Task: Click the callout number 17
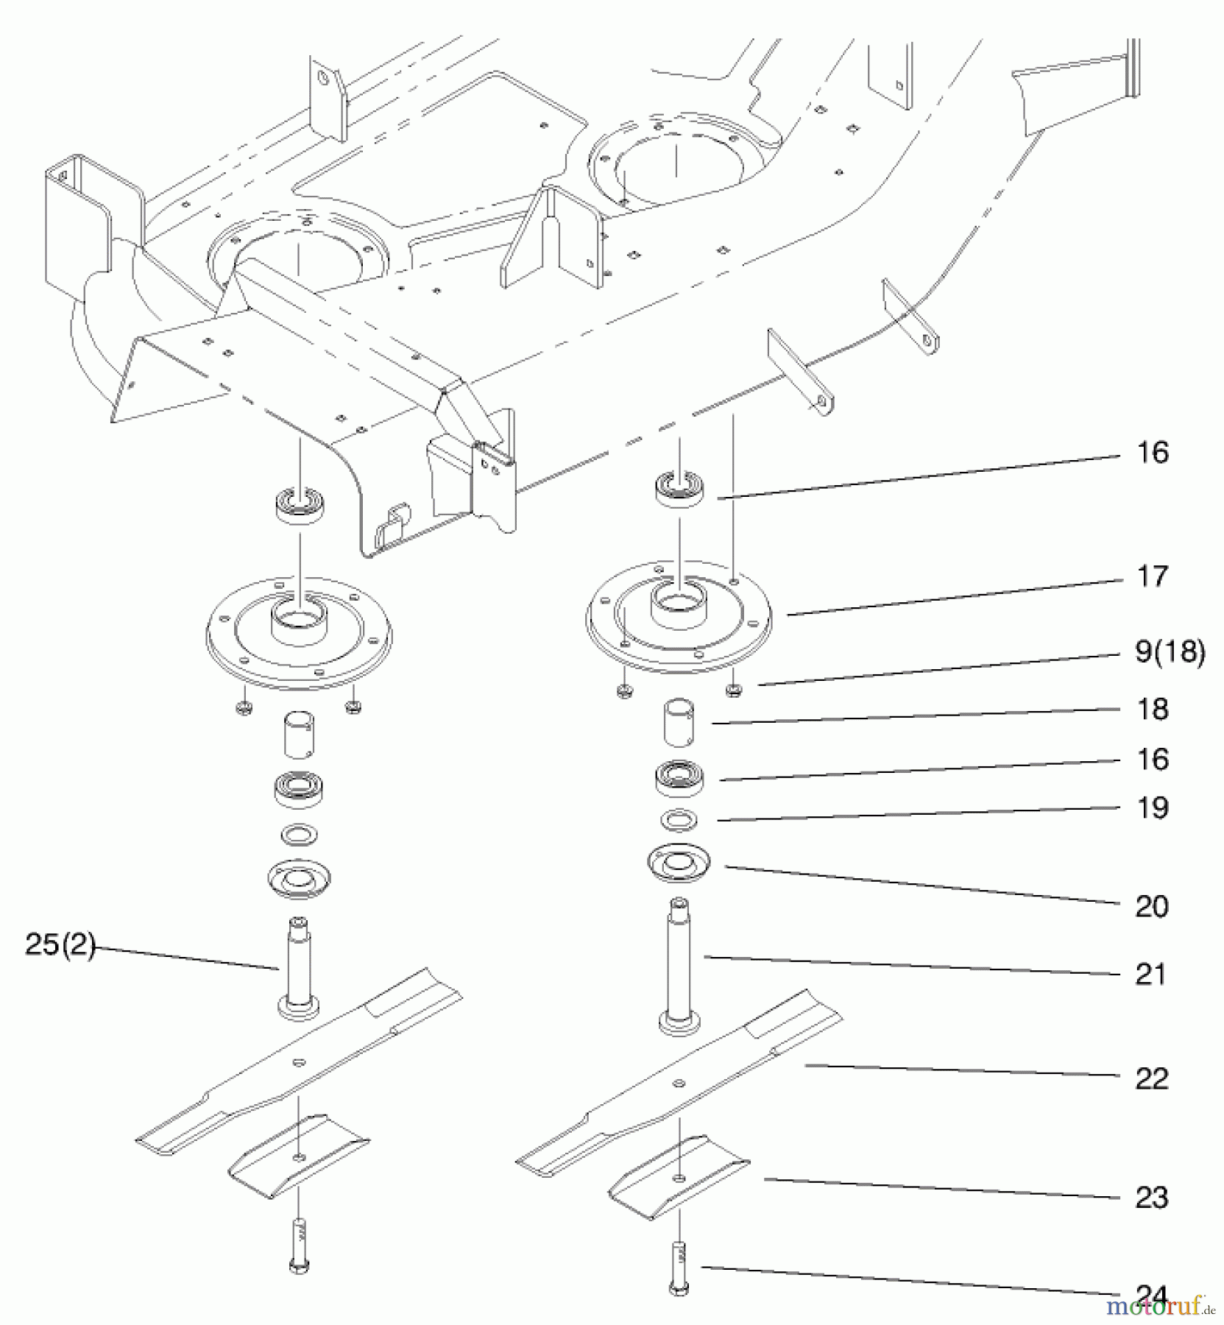click(1152, 576)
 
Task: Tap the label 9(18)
click(1170, 652)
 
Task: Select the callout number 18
click(1152, 709)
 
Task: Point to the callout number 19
click(1152, 808)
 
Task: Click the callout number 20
click(1152, 906)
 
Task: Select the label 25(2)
click(60, 945)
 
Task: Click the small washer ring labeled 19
click(679, 819)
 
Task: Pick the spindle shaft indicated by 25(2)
click(298, 968)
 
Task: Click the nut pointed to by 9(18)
click(733, 690)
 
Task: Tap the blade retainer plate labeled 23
click(679, 1177)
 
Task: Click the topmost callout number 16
click(1152, 453)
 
